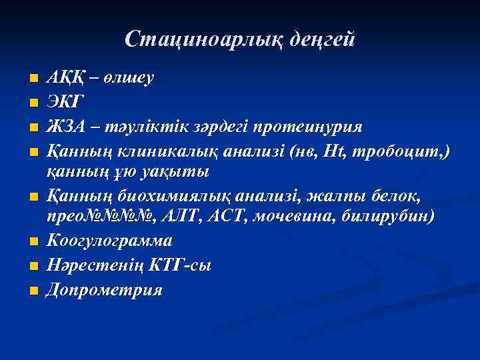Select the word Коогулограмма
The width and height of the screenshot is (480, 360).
(109, 241)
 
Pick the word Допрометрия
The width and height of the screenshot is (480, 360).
(104, 289)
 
